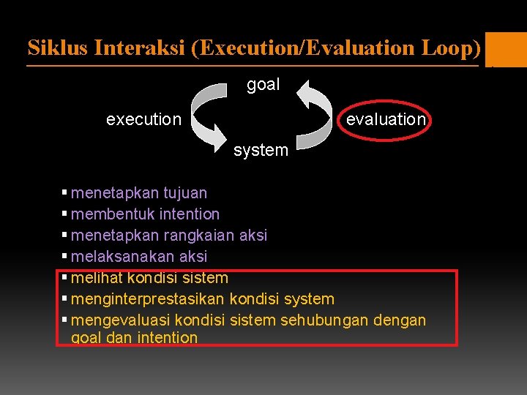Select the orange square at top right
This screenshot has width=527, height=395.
point(506,49)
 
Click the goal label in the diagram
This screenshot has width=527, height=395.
point(263,84)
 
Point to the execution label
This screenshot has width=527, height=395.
point(143,118)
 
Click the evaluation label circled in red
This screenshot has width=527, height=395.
point(386,118)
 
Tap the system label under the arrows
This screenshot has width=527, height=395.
point(261,150)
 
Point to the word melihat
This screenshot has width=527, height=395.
point(97,278)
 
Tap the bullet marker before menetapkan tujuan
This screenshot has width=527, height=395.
point(65,193)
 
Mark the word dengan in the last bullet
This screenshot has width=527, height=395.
point(400,320)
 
